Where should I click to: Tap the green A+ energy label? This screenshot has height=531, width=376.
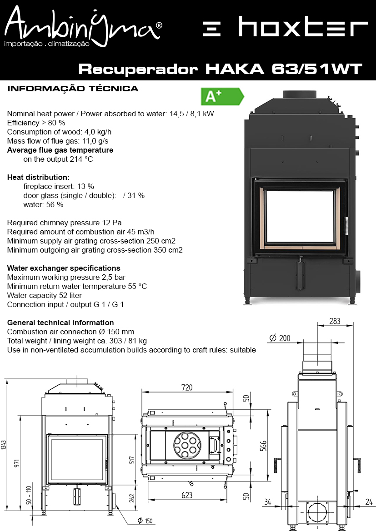click(222, 96)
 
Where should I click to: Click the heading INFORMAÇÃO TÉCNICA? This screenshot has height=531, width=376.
click(73, 89)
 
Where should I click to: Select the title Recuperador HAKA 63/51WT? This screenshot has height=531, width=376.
click(221, 69)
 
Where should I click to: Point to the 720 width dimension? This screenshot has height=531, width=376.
click(187, 387)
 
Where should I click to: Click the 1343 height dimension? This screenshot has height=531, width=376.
click(4, 445)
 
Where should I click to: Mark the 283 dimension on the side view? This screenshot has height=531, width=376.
click(335, 321)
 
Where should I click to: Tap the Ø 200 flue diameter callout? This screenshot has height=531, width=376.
click(280, 338)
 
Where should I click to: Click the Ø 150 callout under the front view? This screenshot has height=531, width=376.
click(145, 521)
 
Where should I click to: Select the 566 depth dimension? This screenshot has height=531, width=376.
click(263, 446)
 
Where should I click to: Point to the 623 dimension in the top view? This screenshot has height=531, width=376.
click(187, 495)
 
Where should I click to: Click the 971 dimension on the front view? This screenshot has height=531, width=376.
click(17, 463)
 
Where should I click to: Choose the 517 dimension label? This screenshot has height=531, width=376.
click(132, 460)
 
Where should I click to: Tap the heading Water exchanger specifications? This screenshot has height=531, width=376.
click(64, 268)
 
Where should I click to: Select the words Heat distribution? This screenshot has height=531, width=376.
click(38, 177)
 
